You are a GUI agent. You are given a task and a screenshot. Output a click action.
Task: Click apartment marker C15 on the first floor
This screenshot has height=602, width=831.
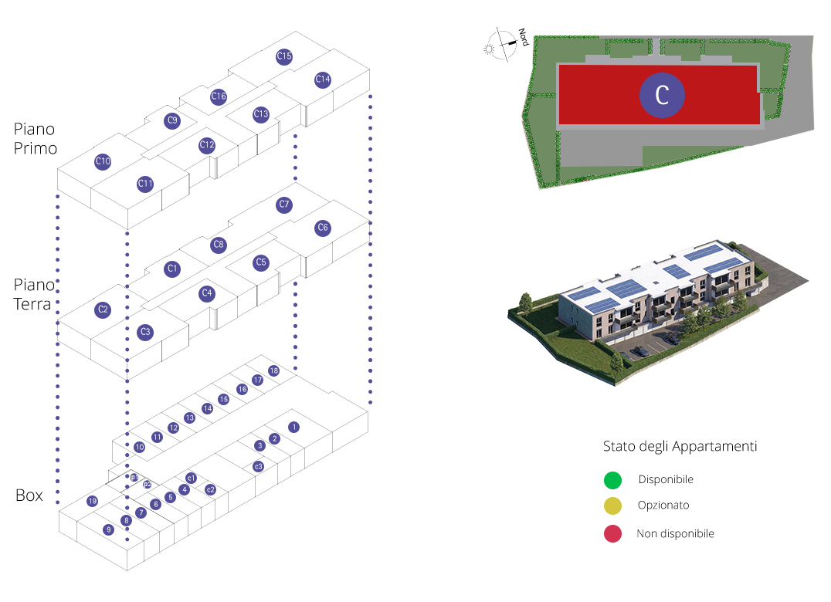pos(283,56)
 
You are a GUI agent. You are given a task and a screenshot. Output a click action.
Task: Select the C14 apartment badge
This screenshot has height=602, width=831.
pos(323,79)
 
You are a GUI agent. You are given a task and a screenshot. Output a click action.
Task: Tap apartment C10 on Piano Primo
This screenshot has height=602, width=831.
pos(103,161)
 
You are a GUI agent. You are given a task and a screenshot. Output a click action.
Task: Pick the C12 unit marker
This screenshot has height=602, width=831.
pos(206,145)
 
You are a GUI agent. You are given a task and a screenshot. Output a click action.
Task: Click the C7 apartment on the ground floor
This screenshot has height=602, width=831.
pos(283,205)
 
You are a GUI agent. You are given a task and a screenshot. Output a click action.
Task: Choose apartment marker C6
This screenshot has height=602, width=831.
pos(323,228)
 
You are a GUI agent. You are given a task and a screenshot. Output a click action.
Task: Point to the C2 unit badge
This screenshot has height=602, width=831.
pos(103,310)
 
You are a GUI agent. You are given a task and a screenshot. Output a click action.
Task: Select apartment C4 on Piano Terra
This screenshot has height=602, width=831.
pos(206,293)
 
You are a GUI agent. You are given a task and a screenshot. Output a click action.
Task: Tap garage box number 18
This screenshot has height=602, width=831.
pos(273,371)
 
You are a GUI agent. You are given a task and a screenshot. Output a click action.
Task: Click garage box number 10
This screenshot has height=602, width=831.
pos(140,447)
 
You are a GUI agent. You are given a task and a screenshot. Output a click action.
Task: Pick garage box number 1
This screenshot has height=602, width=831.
pos(293,427)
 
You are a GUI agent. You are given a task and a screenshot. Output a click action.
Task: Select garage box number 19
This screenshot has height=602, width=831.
pos(93,501)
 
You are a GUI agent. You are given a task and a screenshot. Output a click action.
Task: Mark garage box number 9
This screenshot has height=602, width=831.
pos(109,529)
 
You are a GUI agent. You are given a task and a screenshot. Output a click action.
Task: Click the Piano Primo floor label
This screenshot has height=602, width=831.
pos(36,138)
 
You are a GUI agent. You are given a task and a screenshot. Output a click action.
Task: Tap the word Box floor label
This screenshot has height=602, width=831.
pos(29,495)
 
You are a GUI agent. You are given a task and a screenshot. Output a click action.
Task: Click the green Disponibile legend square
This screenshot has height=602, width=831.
pos(612,480)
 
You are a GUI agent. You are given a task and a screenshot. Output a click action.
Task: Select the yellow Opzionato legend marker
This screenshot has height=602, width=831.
pos(612,506)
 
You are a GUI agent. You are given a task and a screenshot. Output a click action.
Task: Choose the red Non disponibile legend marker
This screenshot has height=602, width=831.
pos(612,533)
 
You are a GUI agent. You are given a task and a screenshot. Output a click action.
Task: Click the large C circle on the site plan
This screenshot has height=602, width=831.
pos(662,94)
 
